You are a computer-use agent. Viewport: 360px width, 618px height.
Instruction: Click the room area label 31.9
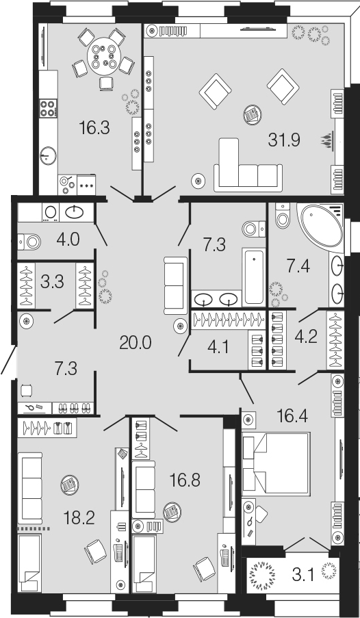coord(284,140)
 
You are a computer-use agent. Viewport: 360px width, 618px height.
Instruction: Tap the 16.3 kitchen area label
coord(94,127)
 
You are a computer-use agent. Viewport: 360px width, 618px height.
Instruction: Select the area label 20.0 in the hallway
coord(136,344)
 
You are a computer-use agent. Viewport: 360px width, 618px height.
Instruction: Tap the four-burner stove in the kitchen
coord(49,107)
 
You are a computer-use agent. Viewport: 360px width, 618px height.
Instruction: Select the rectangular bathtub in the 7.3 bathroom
coord(253,276)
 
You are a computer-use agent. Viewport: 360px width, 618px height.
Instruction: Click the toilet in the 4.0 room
coord(29,242)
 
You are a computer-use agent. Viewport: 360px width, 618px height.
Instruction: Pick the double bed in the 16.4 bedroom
coord(276,464)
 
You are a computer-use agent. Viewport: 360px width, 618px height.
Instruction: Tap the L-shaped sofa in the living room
coord(248,165)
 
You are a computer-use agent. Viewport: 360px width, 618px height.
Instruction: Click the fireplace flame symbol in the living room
coord(326,140)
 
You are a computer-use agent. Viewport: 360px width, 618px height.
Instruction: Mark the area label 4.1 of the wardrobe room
coord(218,348)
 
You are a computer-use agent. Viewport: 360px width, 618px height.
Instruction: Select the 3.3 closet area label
coord(53,282)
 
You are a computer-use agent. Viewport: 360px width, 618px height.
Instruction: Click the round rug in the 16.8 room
coord(172,513)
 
